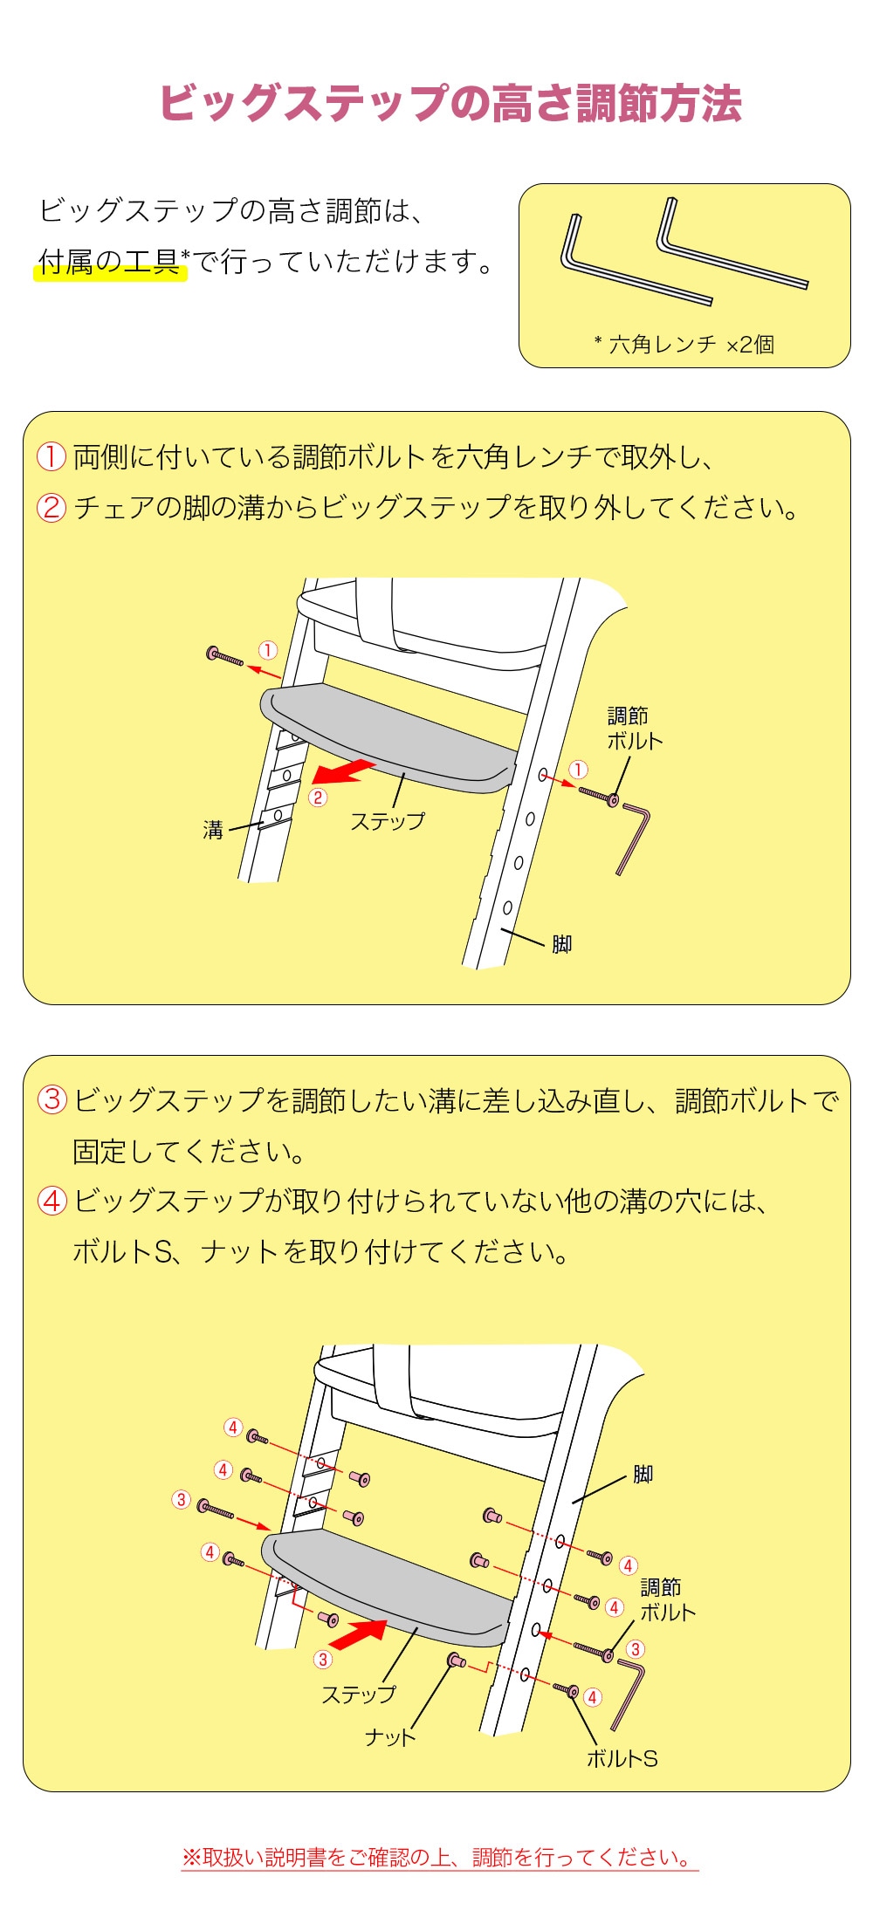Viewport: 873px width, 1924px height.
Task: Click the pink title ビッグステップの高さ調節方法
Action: [450, 103]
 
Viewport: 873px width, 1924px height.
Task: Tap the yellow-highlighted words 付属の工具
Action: [109, 261]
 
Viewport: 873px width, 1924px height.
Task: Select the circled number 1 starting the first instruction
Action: [51, 456]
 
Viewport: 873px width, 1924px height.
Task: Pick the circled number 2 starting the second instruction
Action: [51, 507]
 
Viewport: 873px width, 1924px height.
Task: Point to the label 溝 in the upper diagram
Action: [213, 830]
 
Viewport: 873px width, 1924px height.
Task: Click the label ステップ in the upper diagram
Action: [388, 821]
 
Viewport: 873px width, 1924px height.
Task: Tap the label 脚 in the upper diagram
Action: [561, 944]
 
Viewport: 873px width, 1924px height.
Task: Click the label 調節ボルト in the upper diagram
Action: [635, 729]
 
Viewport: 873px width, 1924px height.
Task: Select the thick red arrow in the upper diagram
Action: [343, 771]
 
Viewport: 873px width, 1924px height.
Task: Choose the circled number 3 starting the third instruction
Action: [52, 1099]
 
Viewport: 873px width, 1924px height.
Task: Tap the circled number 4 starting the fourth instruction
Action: [52, 1201]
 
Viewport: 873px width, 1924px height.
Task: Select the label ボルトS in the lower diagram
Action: [622, 1758]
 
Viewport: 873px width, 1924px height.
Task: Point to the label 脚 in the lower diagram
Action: [643, 1474]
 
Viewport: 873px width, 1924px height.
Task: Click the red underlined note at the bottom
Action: [439, 1858]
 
